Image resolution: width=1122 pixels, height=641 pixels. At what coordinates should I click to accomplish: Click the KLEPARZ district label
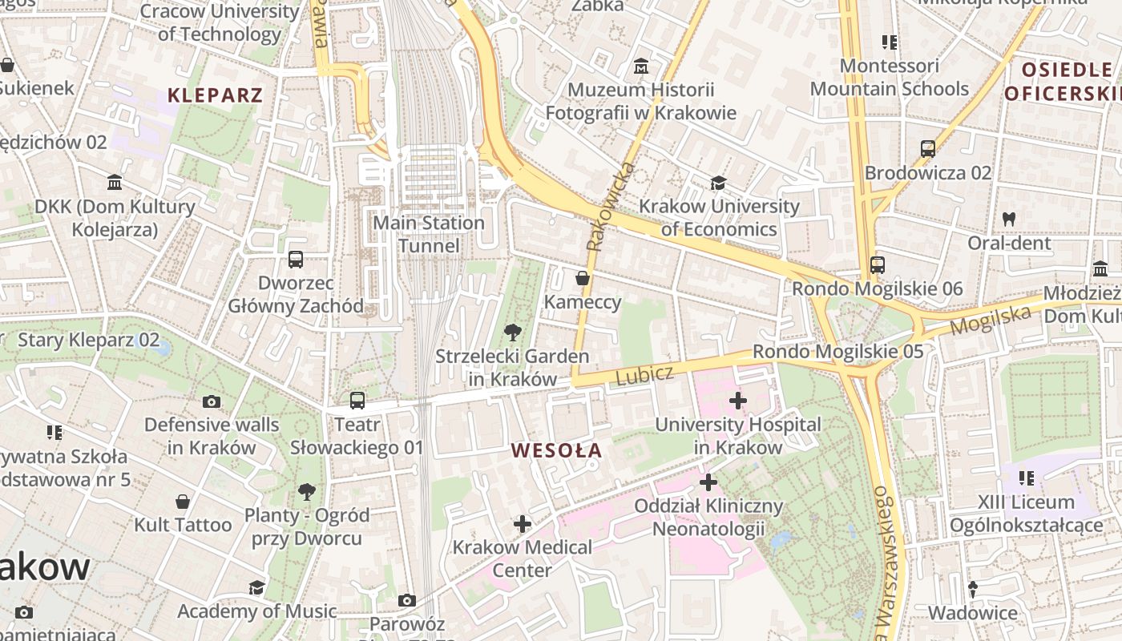215,96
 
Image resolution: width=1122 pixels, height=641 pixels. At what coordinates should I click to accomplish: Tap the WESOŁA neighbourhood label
556,450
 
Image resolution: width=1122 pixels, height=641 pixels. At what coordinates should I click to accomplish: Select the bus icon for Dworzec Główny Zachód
296,260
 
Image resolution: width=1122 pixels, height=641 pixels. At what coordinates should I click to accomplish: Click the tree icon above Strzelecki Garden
512,332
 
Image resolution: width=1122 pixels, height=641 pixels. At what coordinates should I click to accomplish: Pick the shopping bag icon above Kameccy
583,278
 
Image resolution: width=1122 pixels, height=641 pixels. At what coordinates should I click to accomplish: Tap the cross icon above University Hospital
738,400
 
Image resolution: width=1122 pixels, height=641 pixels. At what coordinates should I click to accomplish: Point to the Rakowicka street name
610,207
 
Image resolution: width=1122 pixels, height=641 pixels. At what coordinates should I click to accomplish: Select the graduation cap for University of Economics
718,183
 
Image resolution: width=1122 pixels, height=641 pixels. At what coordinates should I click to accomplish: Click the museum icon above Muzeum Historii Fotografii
640,66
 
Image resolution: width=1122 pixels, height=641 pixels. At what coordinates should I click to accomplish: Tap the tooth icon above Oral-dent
1008,219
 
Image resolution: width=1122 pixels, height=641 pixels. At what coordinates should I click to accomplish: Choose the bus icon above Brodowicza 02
927,149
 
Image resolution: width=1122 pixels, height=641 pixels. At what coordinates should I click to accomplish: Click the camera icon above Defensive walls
212,401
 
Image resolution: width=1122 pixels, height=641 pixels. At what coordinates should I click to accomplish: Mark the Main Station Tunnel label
430,234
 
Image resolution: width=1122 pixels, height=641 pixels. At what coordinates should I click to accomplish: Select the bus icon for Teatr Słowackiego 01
357,400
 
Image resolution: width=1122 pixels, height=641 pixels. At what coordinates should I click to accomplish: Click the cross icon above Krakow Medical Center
523,524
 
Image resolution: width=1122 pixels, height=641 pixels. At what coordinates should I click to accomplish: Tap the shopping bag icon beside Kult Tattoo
183,502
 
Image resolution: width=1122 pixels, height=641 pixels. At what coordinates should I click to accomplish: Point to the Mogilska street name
991,320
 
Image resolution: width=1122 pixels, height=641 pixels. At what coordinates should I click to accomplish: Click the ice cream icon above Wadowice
973,589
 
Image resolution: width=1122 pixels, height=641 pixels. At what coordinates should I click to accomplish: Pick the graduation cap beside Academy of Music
256,588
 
